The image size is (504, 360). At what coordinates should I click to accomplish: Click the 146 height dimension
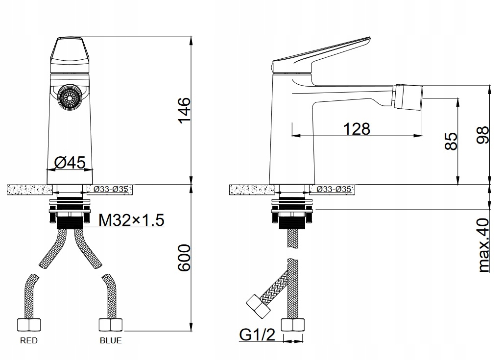tap(185, 110)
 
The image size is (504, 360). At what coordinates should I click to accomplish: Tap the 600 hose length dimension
tap(185, 258)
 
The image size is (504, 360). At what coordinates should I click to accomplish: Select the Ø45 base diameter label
tap(70, 163)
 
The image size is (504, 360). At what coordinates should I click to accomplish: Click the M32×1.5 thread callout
tap(131, 220)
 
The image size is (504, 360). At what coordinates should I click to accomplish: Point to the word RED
tap(29, 340)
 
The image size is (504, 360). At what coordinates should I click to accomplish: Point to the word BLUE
tap(111, 340)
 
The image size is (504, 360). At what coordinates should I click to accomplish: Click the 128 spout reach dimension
tap(357, 129)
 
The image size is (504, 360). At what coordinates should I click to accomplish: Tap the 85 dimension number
tap(451, 141)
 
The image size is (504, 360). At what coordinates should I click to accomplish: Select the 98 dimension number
tap(482, 135)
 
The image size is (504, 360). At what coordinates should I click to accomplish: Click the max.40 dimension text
tap(483, 245)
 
